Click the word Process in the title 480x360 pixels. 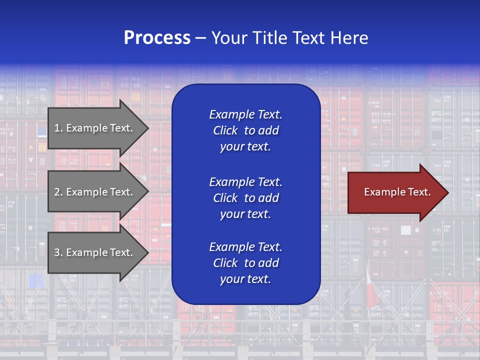[157, 38]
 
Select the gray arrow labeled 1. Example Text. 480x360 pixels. [95, 128]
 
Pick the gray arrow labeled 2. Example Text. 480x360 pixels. [95, 192]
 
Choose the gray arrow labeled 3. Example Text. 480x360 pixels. [95, 252]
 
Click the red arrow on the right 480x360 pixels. [395, 192]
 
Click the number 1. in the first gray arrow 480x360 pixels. [58, 128]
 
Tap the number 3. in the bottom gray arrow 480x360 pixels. [58, 252]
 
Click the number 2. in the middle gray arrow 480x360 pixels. [58, 192]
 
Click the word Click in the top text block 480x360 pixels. [225, 130]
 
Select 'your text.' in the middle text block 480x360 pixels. [245, 214]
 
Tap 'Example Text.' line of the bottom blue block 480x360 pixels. [245, 247]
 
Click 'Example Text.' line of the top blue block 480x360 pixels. [245, 114]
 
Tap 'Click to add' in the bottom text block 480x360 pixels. [245, 263]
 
